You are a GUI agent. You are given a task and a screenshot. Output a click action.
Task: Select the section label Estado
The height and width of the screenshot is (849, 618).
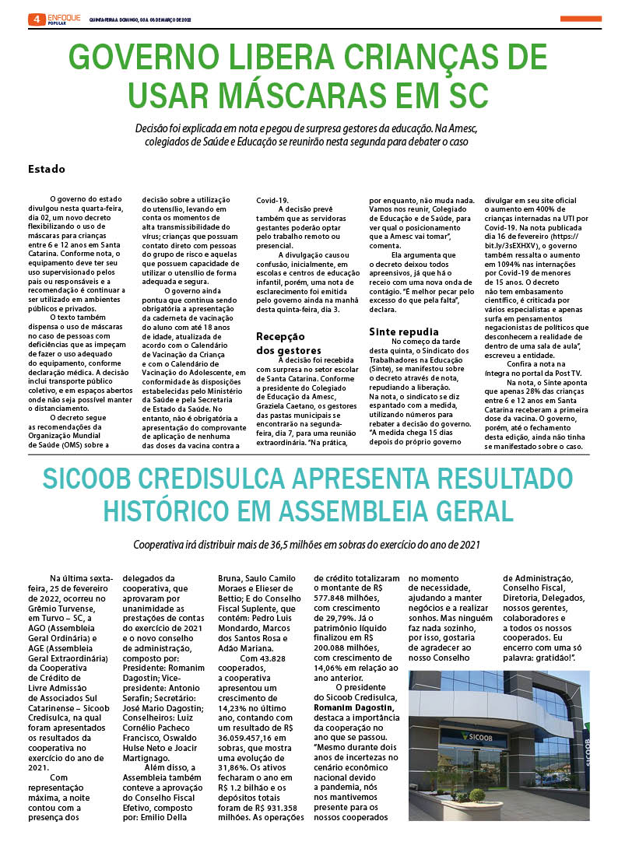point(46,169)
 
